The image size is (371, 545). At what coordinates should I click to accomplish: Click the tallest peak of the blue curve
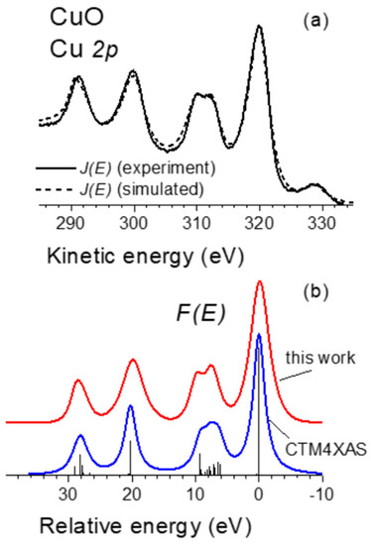pyautogui.click(x=259, y=334)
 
